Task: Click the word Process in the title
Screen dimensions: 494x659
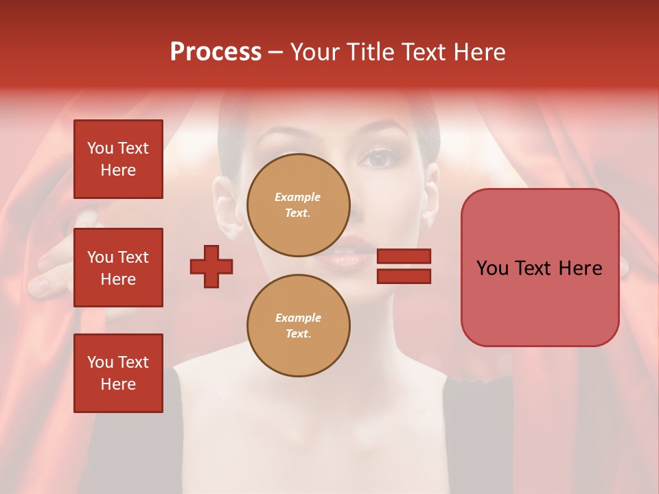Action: [216, 52]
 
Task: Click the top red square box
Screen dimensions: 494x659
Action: [118, 159]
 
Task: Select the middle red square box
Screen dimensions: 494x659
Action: [118, 268]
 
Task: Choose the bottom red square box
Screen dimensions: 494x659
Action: [118, 373]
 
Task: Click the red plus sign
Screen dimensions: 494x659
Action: [211, 266]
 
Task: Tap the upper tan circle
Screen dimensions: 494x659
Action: [298, 204]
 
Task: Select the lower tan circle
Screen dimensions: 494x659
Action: [298, 325]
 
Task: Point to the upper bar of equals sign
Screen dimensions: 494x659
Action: [404, 256]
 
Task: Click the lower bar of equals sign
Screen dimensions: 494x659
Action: [404, 276]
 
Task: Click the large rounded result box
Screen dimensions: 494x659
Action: [540, 267]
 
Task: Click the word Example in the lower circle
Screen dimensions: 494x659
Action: [298, 318]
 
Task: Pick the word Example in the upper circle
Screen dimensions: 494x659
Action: [298, 197]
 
